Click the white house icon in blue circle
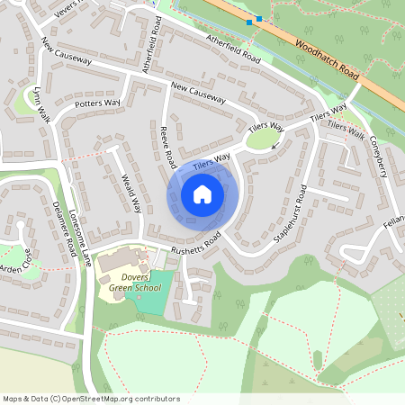[x=202, y=193]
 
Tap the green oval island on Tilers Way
[x=263, y=139]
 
